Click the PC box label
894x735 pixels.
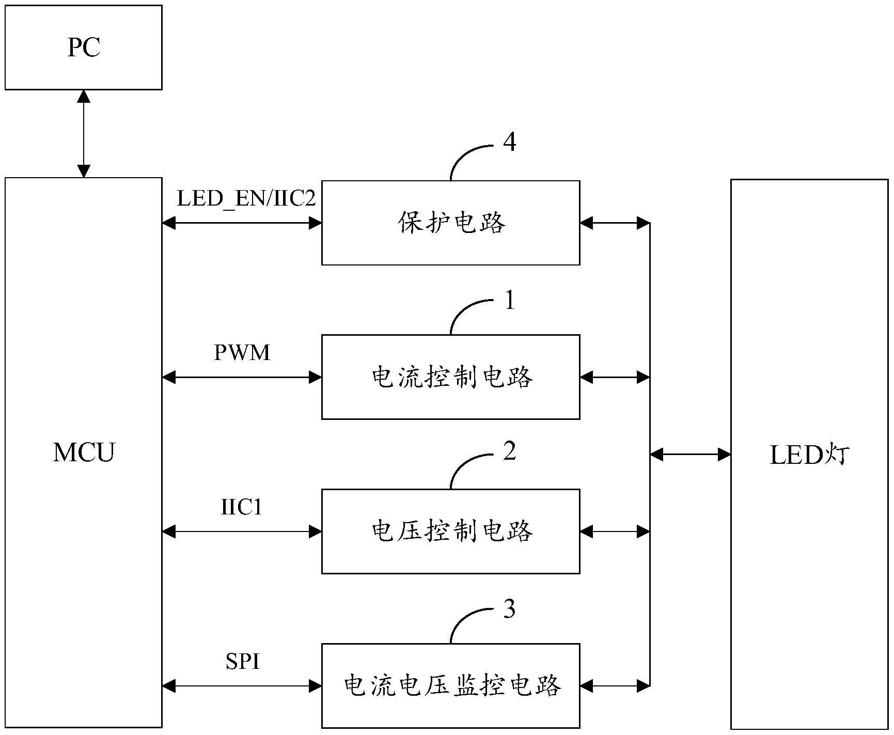(x=84, y=48)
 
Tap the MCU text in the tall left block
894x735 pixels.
(x=84, y=452)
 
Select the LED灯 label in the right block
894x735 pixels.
(x=809, y=455)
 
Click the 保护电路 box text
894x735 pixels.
(x=451, y=223)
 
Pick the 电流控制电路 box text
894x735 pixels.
(x=451, y=378)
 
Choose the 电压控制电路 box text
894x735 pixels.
(x=451, y=531)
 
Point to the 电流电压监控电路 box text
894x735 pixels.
(x=451, y=686)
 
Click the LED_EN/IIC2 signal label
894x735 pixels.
(x=246, y=199)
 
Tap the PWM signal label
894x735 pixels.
(x=242, y=353)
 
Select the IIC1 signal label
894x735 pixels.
(x=242, y=507)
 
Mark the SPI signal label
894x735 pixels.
(x=242, y=661)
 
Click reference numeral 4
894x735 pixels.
(x=509, y=142)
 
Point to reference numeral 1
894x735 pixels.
(x=510, y=300)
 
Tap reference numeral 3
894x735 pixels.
(x=509, y=609)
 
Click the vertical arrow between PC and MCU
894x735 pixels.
(x=84, y=134)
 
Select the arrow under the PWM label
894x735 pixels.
(x=242, y=378)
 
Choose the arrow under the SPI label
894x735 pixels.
(x=242, y=686)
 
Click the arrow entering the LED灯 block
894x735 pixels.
(x=690, y=455)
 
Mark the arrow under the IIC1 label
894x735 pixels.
(x=242, y=531)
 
